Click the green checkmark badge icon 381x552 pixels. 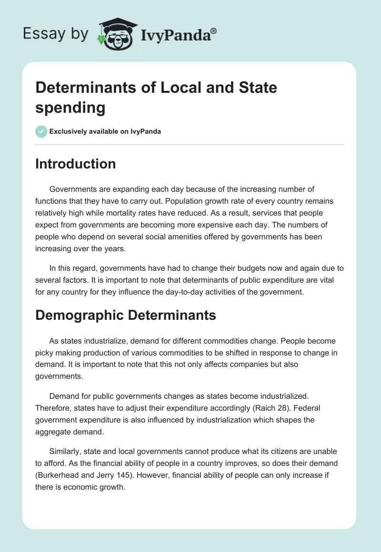point(41,131)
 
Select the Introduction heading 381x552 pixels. point(76,164)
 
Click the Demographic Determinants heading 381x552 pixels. point(126,315)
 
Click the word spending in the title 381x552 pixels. point(70,108)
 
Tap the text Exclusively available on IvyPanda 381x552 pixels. point(105,131)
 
